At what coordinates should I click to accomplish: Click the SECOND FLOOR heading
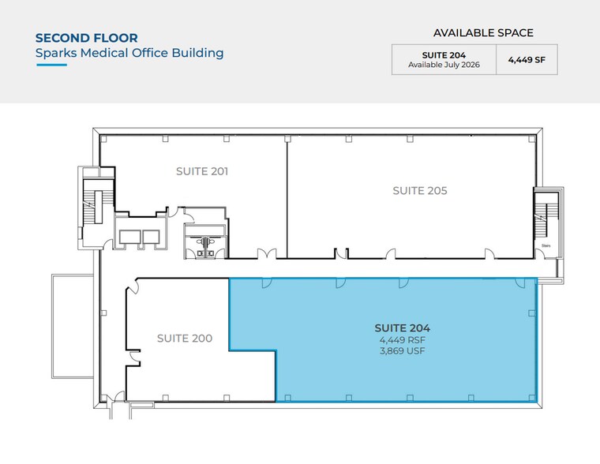tap(87, 37)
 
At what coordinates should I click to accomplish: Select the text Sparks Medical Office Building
tap(129, 53)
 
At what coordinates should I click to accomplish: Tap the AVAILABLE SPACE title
tap(483, 33)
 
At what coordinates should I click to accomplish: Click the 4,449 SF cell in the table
tap(527, 59)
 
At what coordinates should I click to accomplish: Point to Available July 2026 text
tap(443, 65)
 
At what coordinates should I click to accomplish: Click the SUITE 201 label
tap(202, 170)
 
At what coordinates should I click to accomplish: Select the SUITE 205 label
tap(420, 190)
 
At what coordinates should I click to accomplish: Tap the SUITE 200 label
tap(183, 338)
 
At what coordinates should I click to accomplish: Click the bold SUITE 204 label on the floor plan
tap(402, 327)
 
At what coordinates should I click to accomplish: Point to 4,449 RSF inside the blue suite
tap(402, 340)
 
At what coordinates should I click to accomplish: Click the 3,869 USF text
tap(402, 351)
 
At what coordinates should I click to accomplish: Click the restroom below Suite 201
tap(205, 241)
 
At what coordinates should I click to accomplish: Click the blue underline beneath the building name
tap(51, 65)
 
